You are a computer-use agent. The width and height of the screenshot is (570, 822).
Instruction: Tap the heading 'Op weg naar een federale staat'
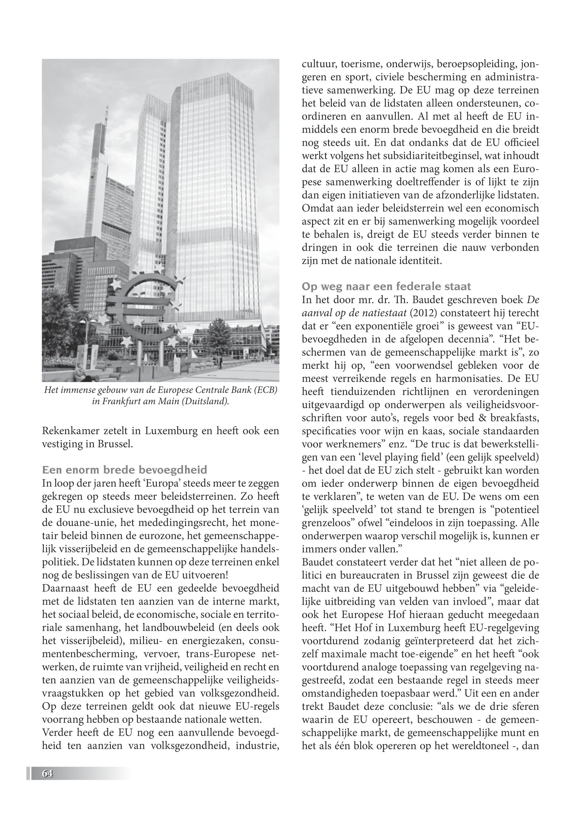click(386, 286)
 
